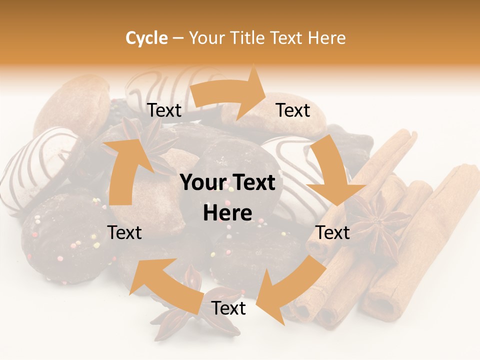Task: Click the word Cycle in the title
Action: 146,38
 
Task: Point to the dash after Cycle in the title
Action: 178,38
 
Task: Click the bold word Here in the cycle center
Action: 227,213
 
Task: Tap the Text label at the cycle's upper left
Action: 164,110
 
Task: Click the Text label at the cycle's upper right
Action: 293,110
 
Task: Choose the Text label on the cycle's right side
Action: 332,232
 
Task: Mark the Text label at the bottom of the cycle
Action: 228,308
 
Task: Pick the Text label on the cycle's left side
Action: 124,232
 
